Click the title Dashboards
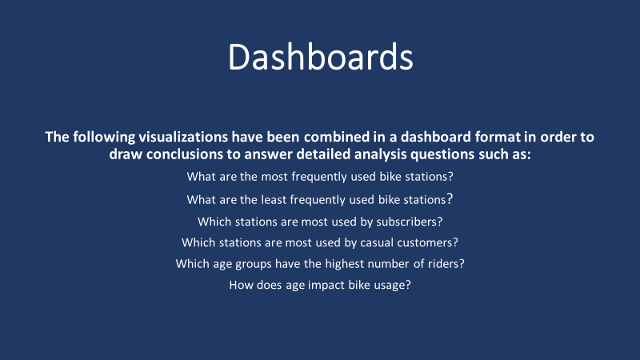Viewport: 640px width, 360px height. point(320,58)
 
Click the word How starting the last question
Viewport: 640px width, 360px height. point(242,284)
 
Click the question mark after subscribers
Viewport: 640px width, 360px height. point(440,221)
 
